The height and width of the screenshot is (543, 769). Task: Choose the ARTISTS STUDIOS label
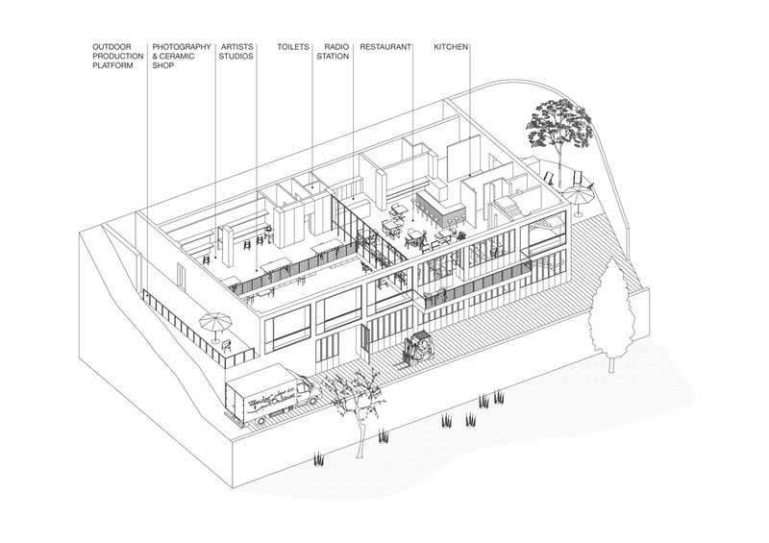click(x=237, y=50)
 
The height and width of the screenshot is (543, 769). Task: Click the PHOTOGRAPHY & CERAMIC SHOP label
click(x=183, y=55)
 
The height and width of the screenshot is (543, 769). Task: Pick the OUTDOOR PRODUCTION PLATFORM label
click(x=117, y=55)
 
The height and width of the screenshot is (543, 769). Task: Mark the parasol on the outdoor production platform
click(x=212, y=324)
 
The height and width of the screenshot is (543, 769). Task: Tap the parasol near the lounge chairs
click(x=577, y=196)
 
